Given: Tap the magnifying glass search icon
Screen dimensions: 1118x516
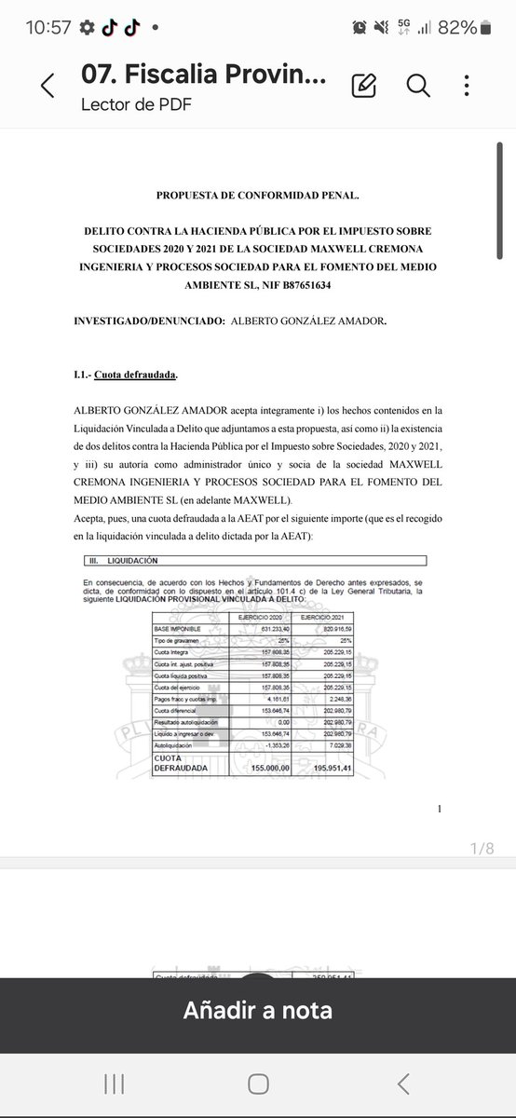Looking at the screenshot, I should (x=417, y=86).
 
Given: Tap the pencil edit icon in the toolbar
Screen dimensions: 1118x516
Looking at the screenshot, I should (x=363, y=86).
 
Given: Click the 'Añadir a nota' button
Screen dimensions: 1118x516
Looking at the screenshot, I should (x=258, y=1009).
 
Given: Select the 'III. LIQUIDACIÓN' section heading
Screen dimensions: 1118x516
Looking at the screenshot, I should (x=121, y=561).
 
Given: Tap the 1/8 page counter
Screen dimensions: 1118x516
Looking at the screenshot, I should (x=483, y=848).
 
